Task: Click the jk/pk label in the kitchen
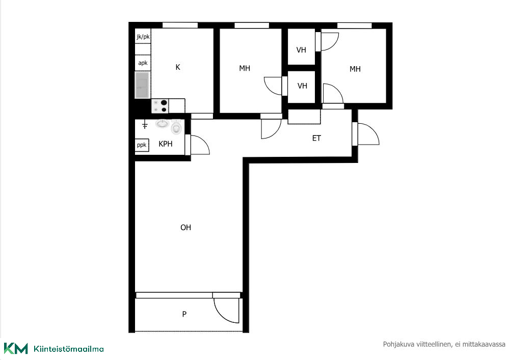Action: click(143, 37)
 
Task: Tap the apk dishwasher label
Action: click(143, 63)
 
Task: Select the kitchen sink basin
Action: click(142, 85)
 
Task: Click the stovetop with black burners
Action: click(160, 106)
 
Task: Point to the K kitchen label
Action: click(178, 67)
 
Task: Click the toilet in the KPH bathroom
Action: click(176, 127)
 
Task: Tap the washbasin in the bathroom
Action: click(163, 123)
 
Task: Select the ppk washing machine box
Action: click(142, 145)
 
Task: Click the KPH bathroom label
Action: click(166, 144)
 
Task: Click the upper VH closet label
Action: click(301, 50)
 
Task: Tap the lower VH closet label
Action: click(302, 86)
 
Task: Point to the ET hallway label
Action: click(316, 139)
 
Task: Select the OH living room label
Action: click(185, 228)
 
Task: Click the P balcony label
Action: click(184, 314)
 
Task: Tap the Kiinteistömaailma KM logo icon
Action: click(16, 349)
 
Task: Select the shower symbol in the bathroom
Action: click(145, 125)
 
